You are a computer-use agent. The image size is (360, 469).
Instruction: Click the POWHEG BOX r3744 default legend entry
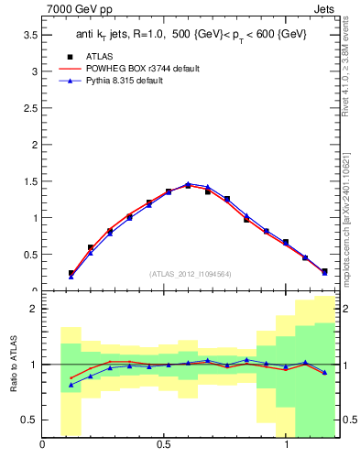[x=147, y=69]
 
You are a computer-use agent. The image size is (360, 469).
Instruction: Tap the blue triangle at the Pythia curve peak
[x=189, y=184]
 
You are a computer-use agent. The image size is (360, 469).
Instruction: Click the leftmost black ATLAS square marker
[x=71, y=273]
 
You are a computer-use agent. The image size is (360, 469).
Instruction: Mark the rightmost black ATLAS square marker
[x=324, y=271]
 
